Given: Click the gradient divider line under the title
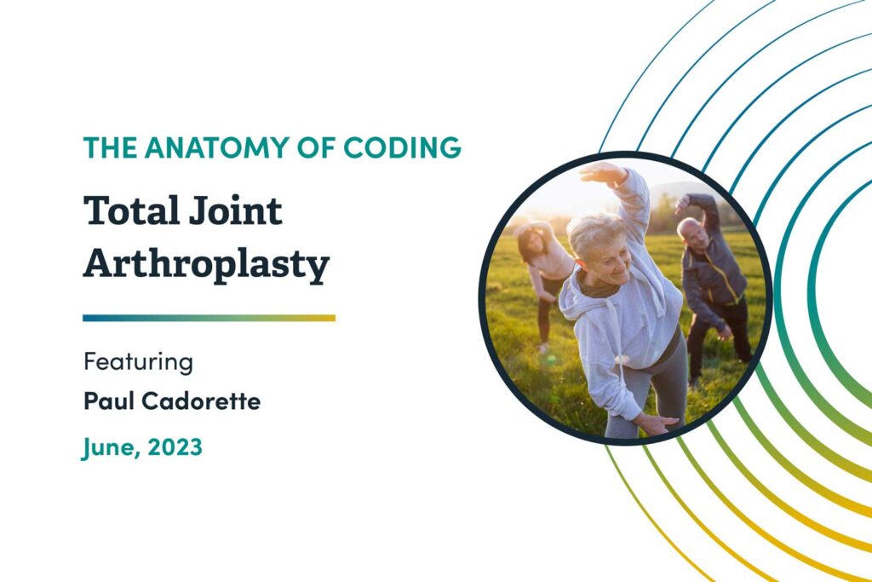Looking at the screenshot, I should point(209,318).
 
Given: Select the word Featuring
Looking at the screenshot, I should point(138,362).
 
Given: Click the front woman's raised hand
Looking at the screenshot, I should point(600,172).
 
